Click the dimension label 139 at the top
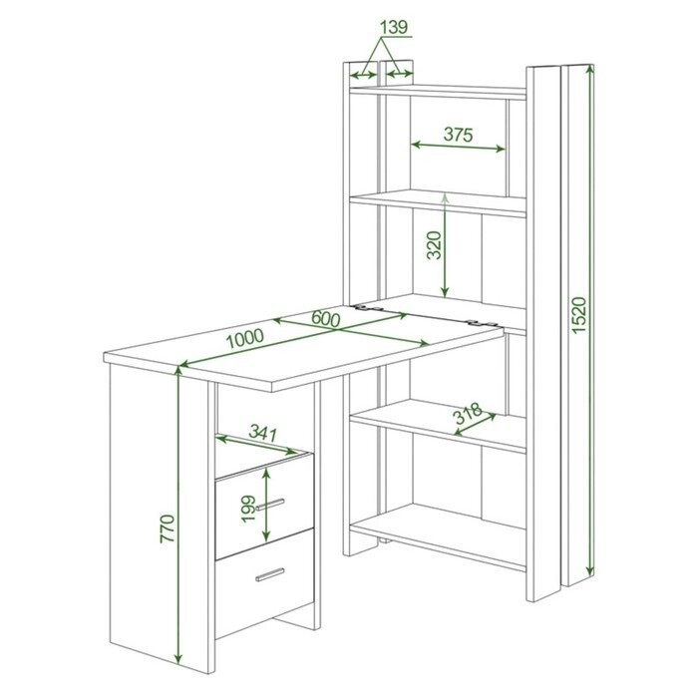[394, 27]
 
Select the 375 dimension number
[458, 134]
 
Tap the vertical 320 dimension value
[434, 245]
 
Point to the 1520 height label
[579, 315]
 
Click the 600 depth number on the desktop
[326, 319]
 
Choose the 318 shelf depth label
[468, 413]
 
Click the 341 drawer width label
[262, 433]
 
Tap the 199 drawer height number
[248, 509]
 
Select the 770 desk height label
[168, 528]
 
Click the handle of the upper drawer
[270, 505]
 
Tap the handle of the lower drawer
[270, 574]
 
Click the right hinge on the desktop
[482, 324]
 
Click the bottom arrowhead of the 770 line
[178, 657]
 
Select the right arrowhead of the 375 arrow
[501, 150]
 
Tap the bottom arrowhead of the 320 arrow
[445, 292]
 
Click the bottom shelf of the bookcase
[438, 536]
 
